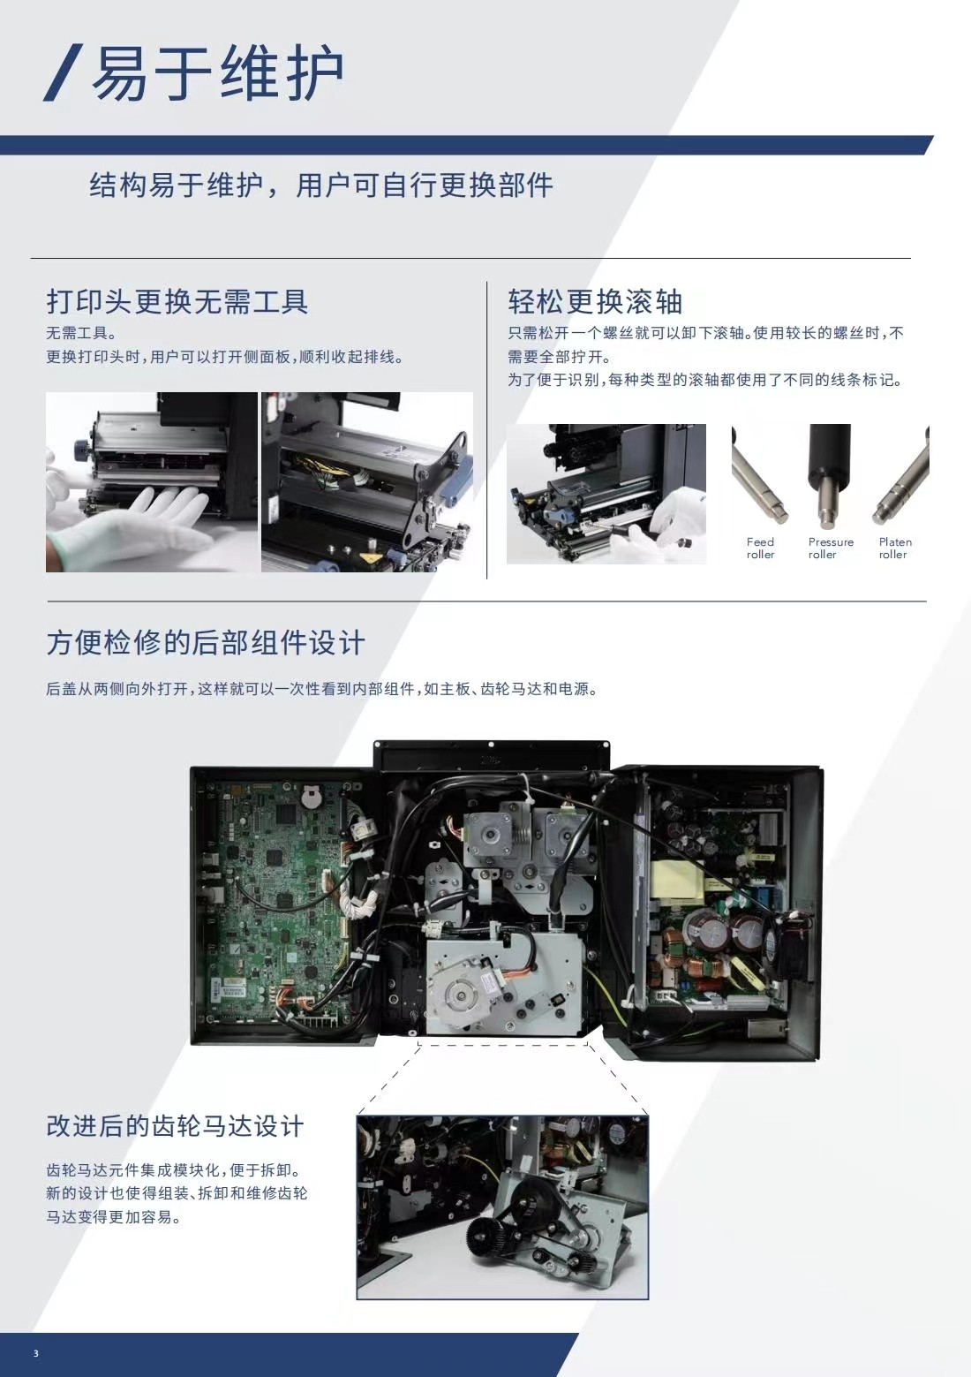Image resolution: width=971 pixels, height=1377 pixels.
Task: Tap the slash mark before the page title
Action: pyautogui.click(x=63, y=72)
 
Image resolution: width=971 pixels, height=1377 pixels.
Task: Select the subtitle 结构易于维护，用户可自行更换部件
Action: pyautogui.click(x=321, y=185)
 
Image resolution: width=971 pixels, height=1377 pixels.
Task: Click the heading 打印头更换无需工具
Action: pyautogui.click(x=177, y=302)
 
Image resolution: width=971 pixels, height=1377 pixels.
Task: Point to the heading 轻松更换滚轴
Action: pyautogui.click(x=594, y=302)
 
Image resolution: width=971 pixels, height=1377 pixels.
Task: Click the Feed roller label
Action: pyautogui.click(x=760, y=549)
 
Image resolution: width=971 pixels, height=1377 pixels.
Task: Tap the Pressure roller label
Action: pyautogui.click(x=831, y=549)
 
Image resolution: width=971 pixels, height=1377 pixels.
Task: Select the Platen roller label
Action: pyautogui.click(x=895, y=549)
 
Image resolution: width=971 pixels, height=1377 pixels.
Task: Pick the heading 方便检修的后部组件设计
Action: pyautogui.click(x=206, y=643)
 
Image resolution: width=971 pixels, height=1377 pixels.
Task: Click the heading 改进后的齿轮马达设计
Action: pyautogui.click(x=175, y=1126)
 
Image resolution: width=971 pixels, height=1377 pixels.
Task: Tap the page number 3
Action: pyautogui.click(x=35, y=1353)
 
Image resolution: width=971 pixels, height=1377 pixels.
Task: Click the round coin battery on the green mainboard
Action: pyautogui.click(x=312, y=798)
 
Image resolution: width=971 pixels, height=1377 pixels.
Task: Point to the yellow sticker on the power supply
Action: pyautogui.click(x=677, y=880)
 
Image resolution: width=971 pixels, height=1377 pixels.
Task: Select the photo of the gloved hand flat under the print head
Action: pyautogui.click(x=152, y=482)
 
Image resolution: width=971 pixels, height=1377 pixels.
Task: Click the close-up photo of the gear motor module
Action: pyautogui.click(x=502, y=1207)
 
